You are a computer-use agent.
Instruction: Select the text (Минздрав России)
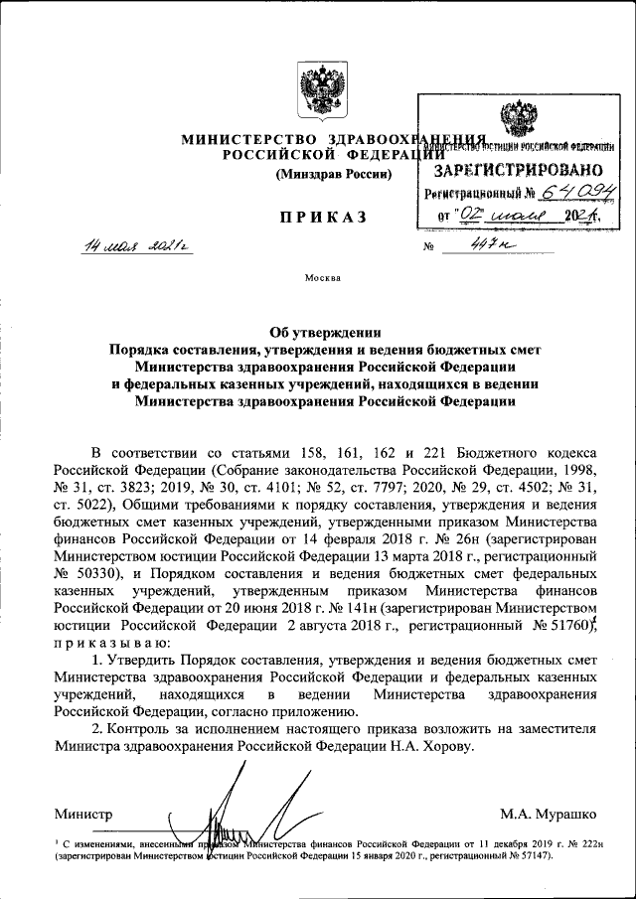[333, 175]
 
